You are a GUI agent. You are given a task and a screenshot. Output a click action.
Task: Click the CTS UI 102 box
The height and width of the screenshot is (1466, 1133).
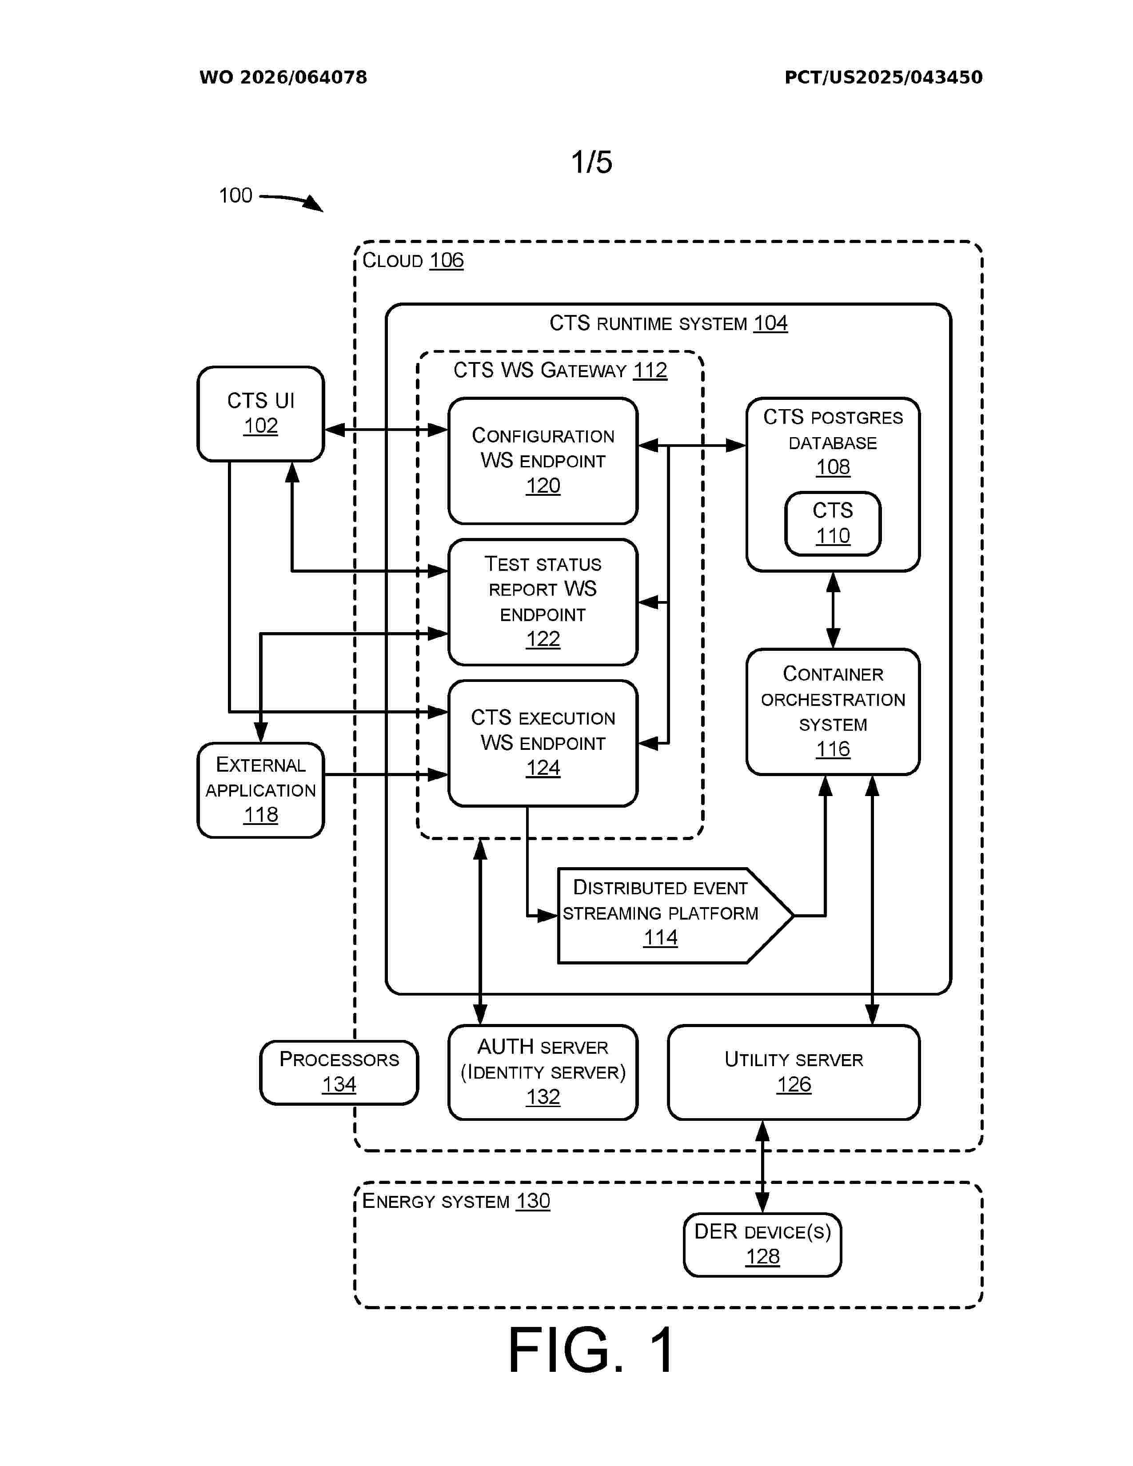tap(260, 414)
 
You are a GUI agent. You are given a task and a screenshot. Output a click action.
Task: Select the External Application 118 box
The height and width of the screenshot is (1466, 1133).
tap(260, 789)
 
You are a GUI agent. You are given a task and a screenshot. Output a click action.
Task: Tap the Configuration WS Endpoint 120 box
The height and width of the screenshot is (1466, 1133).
tap(543, 461)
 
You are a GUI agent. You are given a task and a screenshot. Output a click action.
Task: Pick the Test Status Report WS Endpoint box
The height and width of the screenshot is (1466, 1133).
tap(543, 602)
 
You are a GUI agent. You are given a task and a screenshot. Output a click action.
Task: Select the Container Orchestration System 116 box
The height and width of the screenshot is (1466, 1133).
tap(832, 712)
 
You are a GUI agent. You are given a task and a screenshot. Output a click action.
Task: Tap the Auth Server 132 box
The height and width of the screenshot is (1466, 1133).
tap(543, 1072)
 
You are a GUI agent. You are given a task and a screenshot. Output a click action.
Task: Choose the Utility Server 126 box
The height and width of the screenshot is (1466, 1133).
tap(794, 1072)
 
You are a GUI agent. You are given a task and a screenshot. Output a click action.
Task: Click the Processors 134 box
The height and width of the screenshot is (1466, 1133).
tap(339, 1072)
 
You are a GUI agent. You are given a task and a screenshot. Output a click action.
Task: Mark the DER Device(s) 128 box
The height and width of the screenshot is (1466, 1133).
tap(762, 1244)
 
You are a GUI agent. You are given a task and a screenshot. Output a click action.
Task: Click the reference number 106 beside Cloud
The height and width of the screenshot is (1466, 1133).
tap(447, 260)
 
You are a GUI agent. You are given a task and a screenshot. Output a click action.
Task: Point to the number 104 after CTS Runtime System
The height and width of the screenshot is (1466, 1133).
tap(770, 323)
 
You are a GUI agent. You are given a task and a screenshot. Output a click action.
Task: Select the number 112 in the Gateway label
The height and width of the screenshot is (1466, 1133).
tap(650, 370)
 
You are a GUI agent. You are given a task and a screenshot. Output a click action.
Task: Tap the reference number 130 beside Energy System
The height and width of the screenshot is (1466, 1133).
tap(533, 1201)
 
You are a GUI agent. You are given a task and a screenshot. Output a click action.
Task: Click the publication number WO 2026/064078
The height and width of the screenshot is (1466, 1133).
tap(283, 77)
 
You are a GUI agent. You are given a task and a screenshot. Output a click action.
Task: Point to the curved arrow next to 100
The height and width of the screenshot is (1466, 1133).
tap(292, 200)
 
